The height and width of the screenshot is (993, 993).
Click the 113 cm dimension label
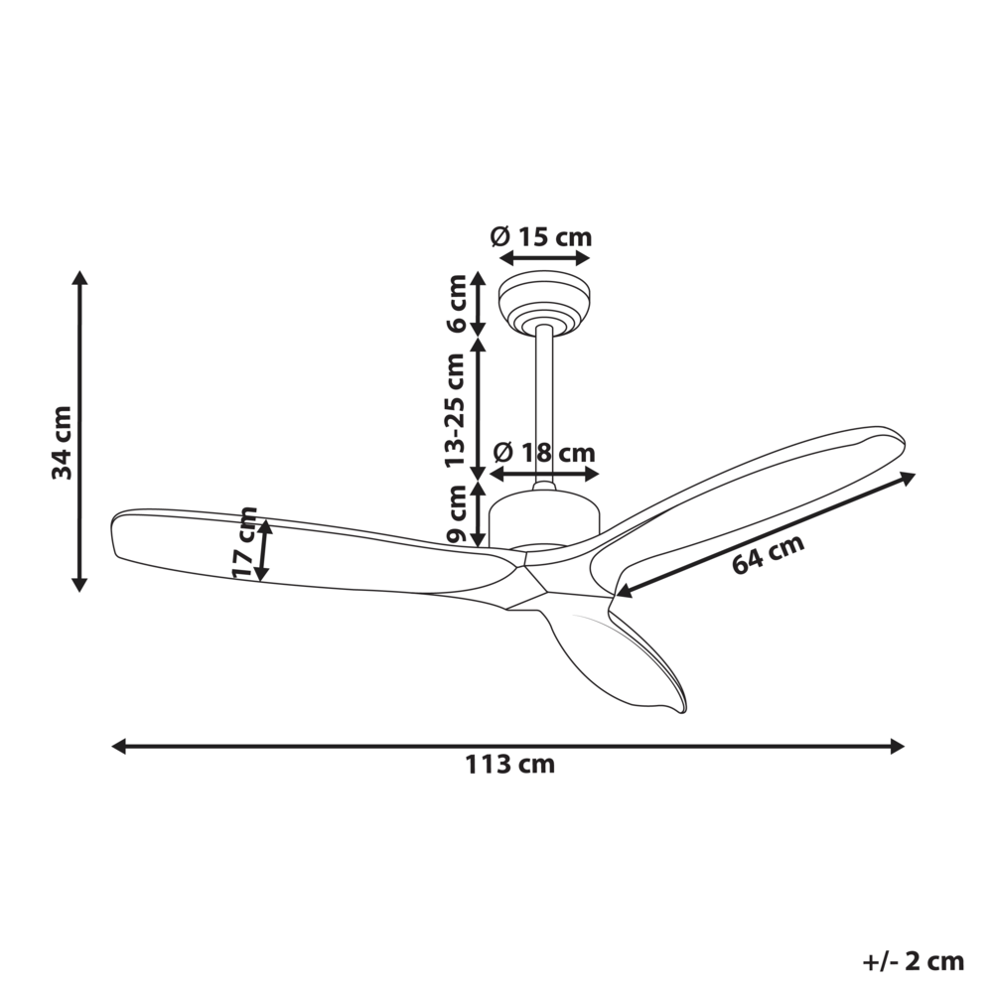click(x=509, y=765)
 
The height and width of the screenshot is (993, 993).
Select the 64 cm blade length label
click(x=768, y=554)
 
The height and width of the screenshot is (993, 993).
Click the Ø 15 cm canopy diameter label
click(x=541, y=237)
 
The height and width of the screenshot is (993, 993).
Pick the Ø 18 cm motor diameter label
click(x=544, y=453)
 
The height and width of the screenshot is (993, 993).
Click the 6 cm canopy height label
click(x=456, y=305)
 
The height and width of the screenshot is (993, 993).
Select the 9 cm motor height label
click(x=456, y=513)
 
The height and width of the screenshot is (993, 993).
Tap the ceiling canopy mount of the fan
click(x=544, y=300)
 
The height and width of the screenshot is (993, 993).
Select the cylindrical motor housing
click(x=544, y=516)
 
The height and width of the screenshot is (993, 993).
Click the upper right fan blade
click(x=755, y=496)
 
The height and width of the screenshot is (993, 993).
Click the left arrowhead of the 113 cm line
click(x=117, y=746)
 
